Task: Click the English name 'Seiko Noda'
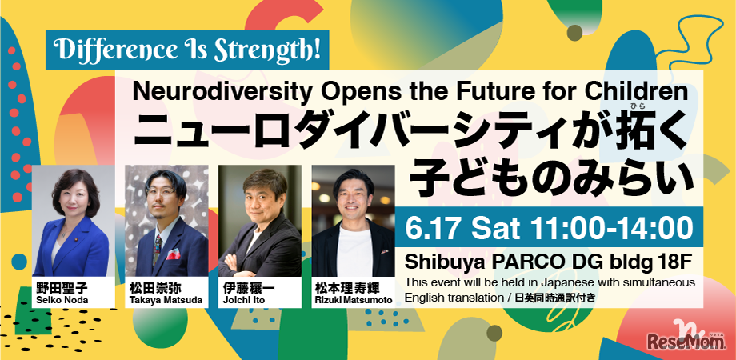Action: [62, 299]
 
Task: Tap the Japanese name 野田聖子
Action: [63, 288]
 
